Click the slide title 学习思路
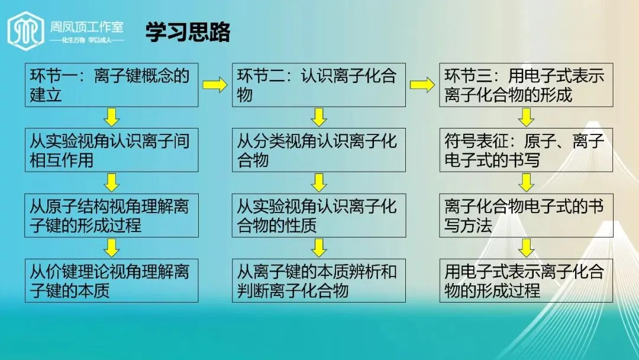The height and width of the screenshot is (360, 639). pyautogui.click(x=188, y=33)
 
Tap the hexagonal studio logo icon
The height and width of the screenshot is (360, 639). pyautogui.click(x=25, y=30)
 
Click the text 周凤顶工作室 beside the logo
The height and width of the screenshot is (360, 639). pyautogui.click(x=88, y=26)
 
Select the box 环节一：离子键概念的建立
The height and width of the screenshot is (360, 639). pyautogui.click(x=111, y=85)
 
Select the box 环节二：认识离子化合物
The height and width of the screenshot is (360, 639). pyautogui.click(x=318, y=85)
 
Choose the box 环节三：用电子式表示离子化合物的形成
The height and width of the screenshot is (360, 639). pyautogui.click(x=525, y=85)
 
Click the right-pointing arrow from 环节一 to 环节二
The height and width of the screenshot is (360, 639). pyautogui.click(x=215, y=85)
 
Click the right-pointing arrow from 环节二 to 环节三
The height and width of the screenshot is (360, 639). pyautogui.click(x=422, y=85)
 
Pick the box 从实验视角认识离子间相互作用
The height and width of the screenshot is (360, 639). pyautogui.click(x=111, y=150)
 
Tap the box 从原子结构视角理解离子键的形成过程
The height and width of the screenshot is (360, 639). pyautogui.click(x=111, y=216)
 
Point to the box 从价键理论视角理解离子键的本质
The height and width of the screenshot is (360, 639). pyautogui.click(x=111, y=281)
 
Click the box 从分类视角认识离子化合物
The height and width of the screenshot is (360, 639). pyautogui.click(x=318, y=150)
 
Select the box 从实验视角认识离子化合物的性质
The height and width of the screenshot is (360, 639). pyautogui.click(x=318, y=216)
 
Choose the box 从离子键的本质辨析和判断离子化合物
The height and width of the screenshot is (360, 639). pyautogui.click(x=318, y=281)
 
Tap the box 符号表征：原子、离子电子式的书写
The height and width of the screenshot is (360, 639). pyautogui.click(x=525, y=150)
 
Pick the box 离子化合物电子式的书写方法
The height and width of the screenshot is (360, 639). pyautogui.click(x=525, y=216)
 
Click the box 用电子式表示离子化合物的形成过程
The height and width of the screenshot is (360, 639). pyautogui.click(x=525, y=281)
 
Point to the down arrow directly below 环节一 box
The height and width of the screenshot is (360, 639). pyautogui.click(x=112, y=117)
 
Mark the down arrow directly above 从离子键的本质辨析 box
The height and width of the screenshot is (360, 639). pyautogui.click(x=319, y=247)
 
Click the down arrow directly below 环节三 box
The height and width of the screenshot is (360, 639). pyautogui.click(x=526, y=117)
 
